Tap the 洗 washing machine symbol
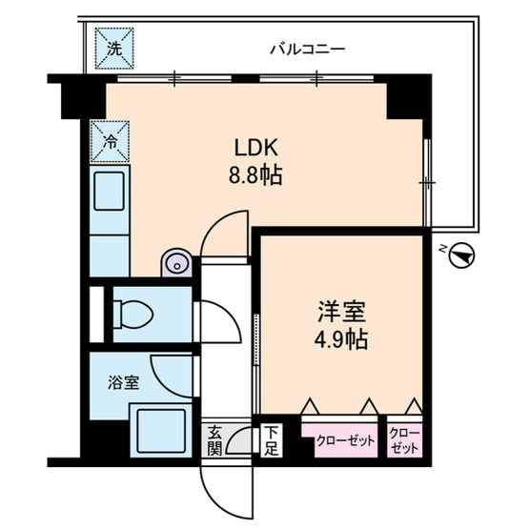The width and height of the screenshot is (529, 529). (113, 49)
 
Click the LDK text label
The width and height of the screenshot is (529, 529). (254, 149)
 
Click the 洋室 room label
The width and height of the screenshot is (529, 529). (340, 312)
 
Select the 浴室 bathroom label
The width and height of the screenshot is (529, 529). (124, 382)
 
